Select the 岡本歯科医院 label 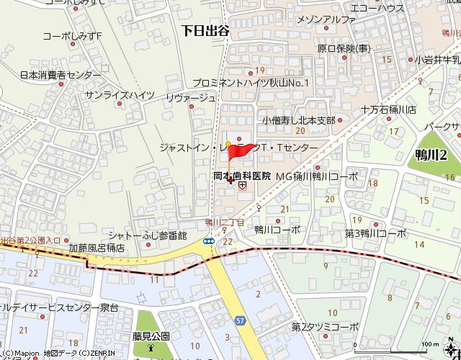(x=241, y=176)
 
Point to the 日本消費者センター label (x=61, y=75)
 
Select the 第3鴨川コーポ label (x=375, y=233)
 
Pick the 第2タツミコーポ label (x=325, y=327)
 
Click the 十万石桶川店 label (x=389, y=109)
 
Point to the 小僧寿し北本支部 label (x=298, y=120)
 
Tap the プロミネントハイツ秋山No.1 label (x=250, y=83)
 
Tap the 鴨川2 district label (x=431, y=154)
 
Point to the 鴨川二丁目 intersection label (x=225, y=222)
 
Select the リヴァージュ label (x=190, y=97)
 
